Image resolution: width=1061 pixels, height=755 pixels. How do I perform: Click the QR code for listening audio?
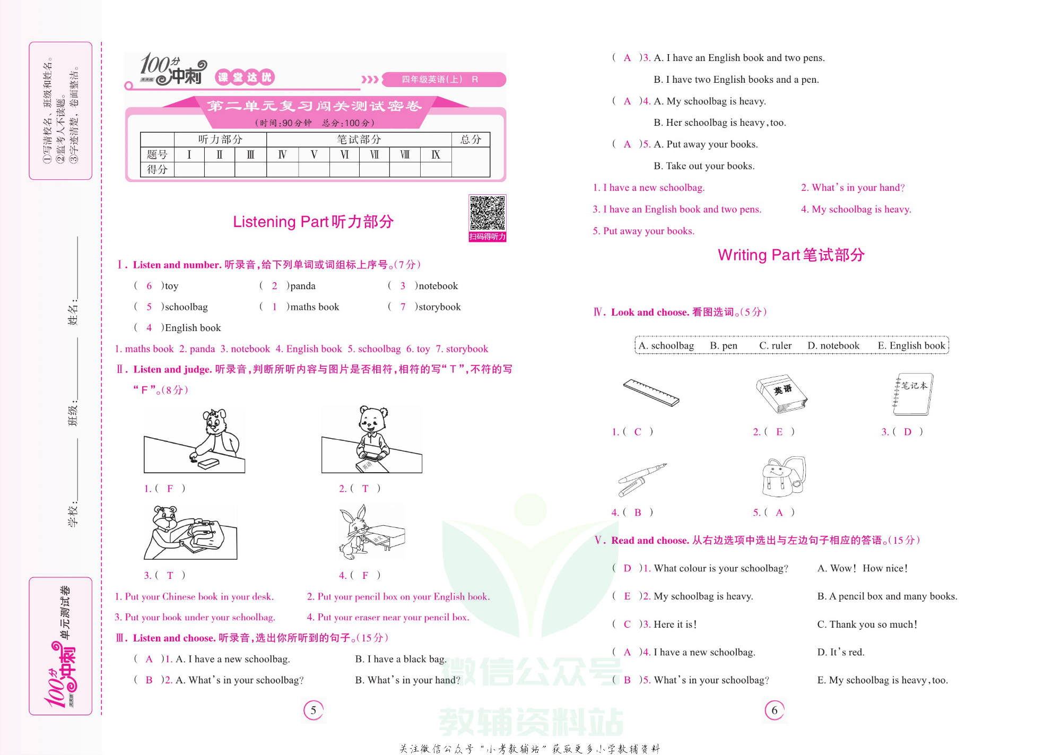[487, 214]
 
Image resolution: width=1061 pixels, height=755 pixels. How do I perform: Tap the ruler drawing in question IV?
[651, 393]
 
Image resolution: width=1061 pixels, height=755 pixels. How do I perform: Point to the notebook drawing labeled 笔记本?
[913, 395]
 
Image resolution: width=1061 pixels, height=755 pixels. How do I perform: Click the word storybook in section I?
[439, 307]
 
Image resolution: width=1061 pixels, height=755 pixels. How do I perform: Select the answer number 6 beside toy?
[149, 286]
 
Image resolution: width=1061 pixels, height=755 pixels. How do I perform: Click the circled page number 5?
[314, 710]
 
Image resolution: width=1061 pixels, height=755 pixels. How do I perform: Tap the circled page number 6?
[775, 710]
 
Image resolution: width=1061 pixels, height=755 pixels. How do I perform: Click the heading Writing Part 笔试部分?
[791, 255]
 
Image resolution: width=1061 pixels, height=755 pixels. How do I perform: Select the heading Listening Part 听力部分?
[313, 222]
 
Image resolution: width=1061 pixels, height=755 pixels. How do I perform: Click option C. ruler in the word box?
[775, 346]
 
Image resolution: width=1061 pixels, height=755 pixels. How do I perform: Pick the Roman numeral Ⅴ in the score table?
[314, 155]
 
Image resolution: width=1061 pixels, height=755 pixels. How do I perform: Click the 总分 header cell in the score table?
[471, 140]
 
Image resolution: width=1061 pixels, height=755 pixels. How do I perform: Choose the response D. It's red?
[841, 652]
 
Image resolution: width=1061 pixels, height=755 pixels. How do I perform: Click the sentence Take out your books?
[710, 166]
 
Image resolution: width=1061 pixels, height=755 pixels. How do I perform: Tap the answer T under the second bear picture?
[365, 489]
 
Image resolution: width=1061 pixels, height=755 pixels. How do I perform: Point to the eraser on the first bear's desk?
[208, 463]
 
